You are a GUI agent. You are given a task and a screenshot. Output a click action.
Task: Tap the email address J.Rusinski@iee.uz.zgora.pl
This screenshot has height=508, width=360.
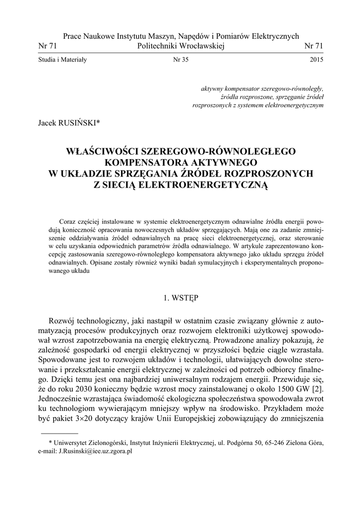tap(95, 452)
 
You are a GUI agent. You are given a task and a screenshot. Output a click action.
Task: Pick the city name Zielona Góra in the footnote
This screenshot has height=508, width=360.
tap(303, 443)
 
